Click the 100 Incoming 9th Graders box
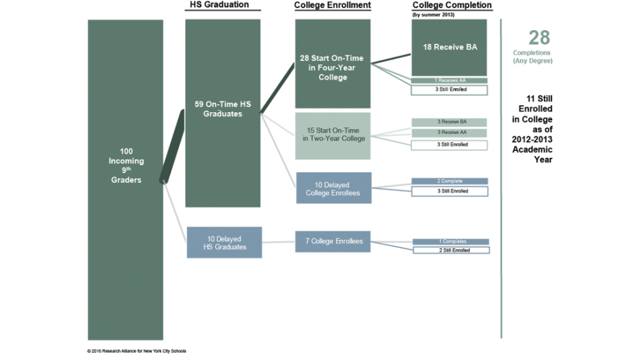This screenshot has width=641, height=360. tap(126, 179)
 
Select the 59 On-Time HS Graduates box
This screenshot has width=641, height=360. tap(223, 113)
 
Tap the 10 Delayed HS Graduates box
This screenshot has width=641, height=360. tap(224, 243)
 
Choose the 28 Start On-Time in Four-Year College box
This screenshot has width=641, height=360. tap(333, 64)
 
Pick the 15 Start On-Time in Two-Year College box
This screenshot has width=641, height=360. tap(333, 135)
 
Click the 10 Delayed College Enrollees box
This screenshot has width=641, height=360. tap(333, 188)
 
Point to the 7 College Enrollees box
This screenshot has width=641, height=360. tap(333, 241)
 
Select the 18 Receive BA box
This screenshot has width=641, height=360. tap(449, 47)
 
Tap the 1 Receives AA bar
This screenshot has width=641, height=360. tap(449, 81)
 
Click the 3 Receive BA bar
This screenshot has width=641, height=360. tap(449, 122)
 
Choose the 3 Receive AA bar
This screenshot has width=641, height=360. tap(449, 133)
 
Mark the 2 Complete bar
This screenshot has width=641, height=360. tap(450, 181)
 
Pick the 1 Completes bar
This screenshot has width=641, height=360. tap(450, 242)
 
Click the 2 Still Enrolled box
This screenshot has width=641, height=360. tap(450, 251)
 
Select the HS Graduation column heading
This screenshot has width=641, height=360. tap(219, 5)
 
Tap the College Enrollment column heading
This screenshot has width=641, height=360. tap(332, 5)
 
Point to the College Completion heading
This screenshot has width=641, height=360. tap(452, 5)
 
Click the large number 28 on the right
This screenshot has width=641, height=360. tap(538, 38)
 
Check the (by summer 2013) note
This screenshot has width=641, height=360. tap(433, 14)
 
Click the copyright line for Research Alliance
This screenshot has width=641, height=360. tap(137, 351)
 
